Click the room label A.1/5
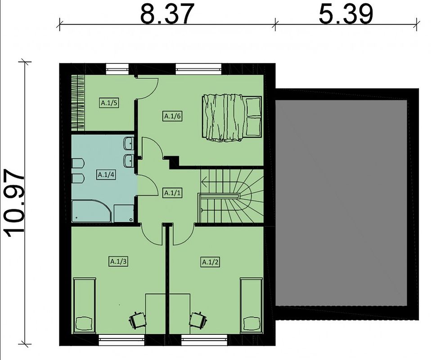109,103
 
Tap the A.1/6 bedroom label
173,117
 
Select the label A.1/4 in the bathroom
106,175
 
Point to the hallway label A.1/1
172,193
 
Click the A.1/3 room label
118,261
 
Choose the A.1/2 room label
210,262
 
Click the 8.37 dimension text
167,14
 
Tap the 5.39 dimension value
346,14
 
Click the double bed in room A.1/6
232,118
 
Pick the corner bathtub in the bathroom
91,211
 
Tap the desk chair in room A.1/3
137,319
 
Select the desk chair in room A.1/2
198,319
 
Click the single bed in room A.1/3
85,306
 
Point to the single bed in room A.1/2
251,306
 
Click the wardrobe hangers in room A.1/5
78,103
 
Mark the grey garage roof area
341,203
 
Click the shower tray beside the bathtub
124,213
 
